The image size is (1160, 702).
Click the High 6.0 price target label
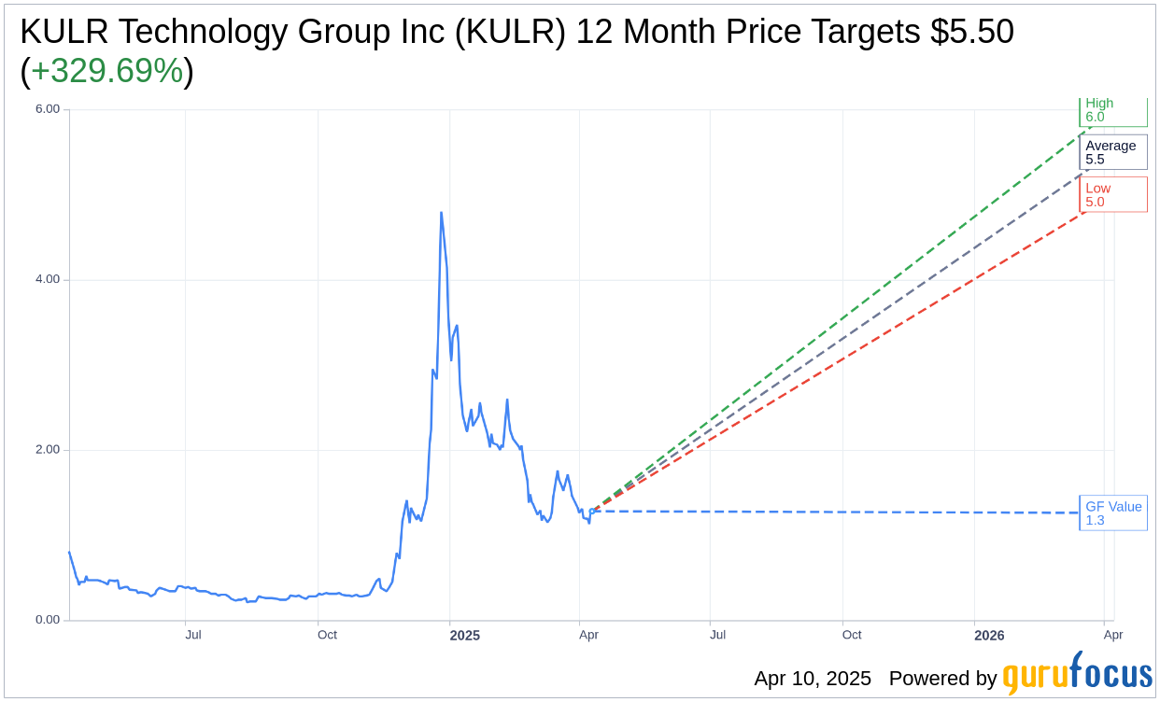(x=1112, y=110)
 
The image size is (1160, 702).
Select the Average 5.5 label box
(x=1112, y=152)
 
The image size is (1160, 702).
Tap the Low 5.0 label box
(x=1112, y=194)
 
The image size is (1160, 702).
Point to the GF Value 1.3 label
(x=1112, y=513)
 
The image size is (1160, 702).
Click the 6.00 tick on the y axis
(x=47, y=109)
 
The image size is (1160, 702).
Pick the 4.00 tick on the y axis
(x=47, y=279)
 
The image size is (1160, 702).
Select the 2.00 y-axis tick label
(x=47, y=450)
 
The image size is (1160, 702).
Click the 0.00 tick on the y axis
(x=47, y=620)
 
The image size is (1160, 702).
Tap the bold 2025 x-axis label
(x=464, y=636)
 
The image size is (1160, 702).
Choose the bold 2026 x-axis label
(x=989, y=636)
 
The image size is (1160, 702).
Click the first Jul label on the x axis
(x=193, y=636)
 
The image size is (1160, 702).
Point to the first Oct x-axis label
(x=327, y=636)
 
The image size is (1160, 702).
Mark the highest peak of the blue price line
(x=441, y=213)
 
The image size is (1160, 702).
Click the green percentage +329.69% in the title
(x=106, y=71)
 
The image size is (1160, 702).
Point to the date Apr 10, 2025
(x=813, y=679)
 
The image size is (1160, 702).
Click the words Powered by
(x=942, y=679)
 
